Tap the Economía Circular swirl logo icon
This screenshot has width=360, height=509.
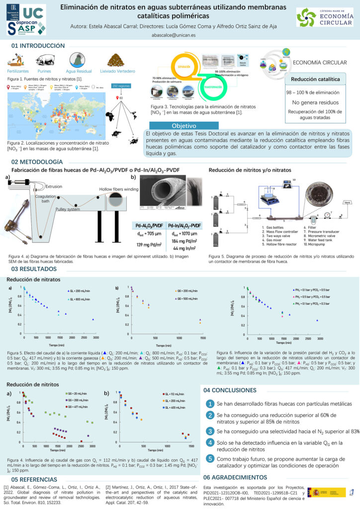pos(306,17)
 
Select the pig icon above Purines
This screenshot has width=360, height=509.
pos(44,60)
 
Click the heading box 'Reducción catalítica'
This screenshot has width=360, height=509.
pos(315,80)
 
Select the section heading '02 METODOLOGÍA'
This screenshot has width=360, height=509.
pos(37,162)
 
